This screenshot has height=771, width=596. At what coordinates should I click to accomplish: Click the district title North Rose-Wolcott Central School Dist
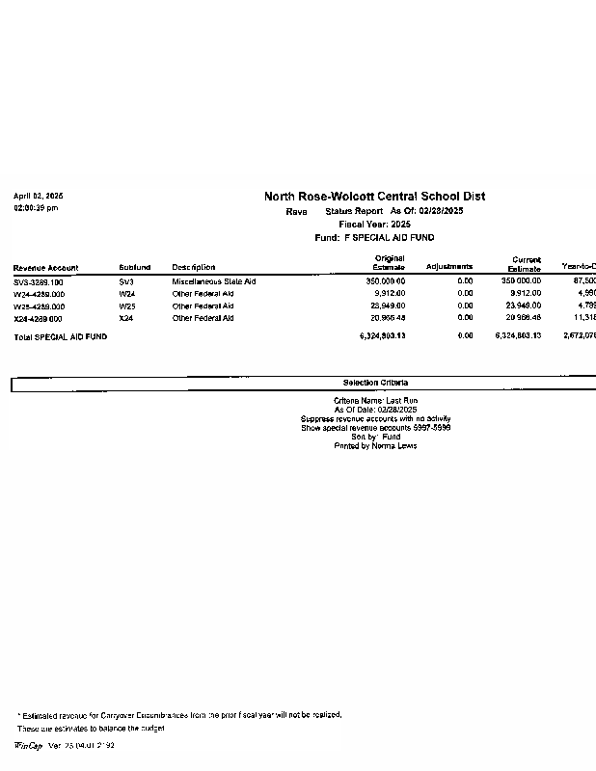pyautogui.click(x=374, y=197)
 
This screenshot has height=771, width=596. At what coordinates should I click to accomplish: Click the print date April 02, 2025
pyautogui.click(x=39, y=196)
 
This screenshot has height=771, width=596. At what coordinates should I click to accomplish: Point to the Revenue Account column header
pyautogui.click(x=46, y=267)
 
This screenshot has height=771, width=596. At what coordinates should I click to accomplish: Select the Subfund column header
pyautogui.click(x=135, y=267)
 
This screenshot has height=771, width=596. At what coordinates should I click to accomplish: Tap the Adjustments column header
pyautogui.click(x=449, y=267)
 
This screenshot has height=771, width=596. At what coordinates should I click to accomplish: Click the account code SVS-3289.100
pyautogui.click(x=39, y=281)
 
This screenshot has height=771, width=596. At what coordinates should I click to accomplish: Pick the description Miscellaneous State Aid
pyautogui.click(x=214, y=281)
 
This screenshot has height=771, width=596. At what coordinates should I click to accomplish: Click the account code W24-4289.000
pyautogui.click(x=40, y=293)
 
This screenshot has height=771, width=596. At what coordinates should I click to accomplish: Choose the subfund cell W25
pyautogui.click(x=127, y=306)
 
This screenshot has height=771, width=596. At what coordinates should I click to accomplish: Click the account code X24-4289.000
pyautogui.click(x=39, y=318)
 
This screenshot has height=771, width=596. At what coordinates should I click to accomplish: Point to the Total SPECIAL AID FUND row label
pyautogui.click(x=60, y=336)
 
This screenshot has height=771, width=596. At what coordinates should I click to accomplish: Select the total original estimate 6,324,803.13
pyautogui.click(x=382, y=336)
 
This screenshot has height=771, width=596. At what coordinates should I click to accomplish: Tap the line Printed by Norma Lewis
pyautogui.click(x=375, y=446)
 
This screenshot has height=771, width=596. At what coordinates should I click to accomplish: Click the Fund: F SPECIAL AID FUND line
pyautogui.click(x=374, y=237)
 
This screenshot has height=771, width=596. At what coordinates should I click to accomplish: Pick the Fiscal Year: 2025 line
pyautogui.click(x=374, y=224)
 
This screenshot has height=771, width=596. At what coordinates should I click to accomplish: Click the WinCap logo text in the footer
pyautogui.click(x=28, y=746)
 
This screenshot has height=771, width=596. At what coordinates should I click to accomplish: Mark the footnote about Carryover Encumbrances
pyautogui.click(x=179, y=715)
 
